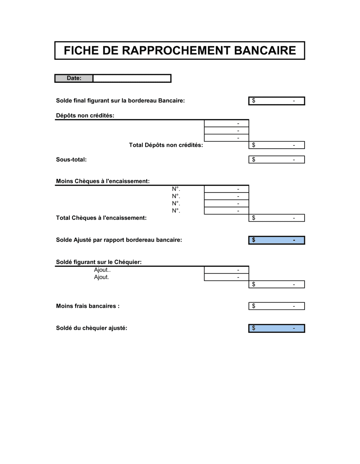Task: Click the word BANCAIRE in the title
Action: point(265,50)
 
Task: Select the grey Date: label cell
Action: point(74,78)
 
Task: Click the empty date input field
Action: point(132,78)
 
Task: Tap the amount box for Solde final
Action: point(276,101)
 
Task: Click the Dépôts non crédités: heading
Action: point(85,115)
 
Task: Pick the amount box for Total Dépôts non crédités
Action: point(276,145)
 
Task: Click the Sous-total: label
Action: point(71,160)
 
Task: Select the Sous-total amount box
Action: point(276,159)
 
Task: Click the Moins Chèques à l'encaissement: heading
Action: point(103,181)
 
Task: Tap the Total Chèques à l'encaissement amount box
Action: point(276,218)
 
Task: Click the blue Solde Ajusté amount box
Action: point(276,240)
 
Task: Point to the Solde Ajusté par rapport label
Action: point(119,240)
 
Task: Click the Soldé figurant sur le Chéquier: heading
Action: point(99,262)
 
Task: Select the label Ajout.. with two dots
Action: point(102,270)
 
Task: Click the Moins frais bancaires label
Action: point(87,306)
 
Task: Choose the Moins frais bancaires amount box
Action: point(276,306)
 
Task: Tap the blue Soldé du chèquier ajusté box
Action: point(276,328)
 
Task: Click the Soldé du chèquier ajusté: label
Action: point(91,328)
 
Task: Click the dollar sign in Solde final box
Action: point(253,101)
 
